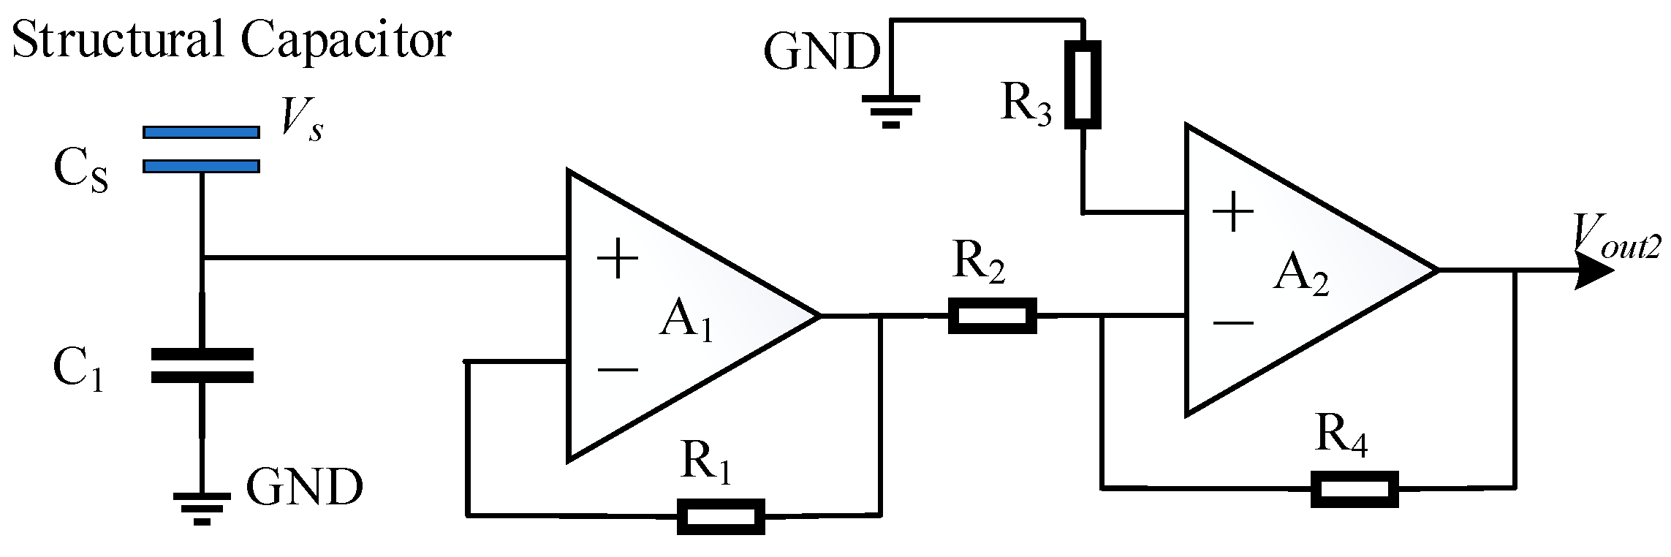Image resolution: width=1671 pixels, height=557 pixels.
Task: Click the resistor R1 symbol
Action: click(721, 516)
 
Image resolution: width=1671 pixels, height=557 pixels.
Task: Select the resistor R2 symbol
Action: click(992, 316)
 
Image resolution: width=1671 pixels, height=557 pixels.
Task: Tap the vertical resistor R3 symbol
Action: click(1082, 85)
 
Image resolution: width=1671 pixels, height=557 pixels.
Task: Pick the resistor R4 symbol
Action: click(1354, 489)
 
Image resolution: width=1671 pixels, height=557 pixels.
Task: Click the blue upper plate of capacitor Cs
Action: click(201, 132)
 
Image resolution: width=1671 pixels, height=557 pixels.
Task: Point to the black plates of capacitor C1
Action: click(202, 365)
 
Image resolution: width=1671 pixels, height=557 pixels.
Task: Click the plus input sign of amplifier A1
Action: click(618, 259)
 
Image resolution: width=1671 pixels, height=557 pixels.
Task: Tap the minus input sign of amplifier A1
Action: click(618, 370)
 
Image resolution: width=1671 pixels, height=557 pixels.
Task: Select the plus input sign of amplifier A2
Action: click(1233, 212)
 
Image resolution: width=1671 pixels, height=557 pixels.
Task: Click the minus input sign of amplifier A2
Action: click(1233, 322)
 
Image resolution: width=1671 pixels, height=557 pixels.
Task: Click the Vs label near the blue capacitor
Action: click(302, 119)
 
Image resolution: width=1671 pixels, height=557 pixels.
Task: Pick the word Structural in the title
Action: click(117, 40)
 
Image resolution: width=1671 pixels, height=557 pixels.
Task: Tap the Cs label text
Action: click(80, 170)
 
